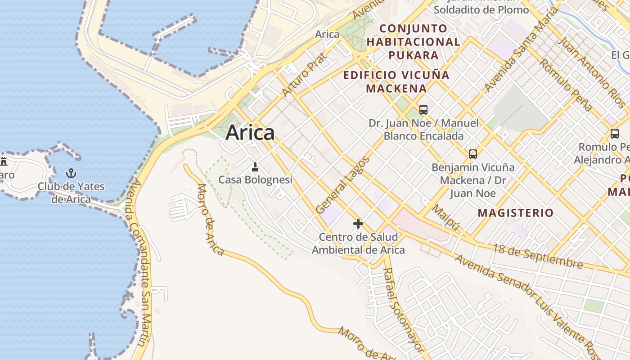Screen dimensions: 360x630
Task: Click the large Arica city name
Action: [250, 133]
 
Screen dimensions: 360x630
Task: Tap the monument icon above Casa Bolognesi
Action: [255, 167]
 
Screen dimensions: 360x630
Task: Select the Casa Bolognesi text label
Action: [255, 180]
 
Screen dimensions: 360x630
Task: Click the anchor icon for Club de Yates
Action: [71, 173]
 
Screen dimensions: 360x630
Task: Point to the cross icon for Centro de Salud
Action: [358, 224]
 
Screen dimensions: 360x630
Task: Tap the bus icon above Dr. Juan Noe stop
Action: [423, 109]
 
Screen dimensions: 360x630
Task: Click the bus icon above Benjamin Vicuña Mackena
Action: [473, 154]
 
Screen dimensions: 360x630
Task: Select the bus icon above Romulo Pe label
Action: [614, 134]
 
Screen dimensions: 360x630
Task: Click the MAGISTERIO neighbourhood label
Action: [515, 213]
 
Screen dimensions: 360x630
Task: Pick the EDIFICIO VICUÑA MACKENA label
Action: [396, 81]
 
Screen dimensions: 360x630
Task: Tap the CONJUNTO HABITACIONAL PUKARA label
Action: [413, 42]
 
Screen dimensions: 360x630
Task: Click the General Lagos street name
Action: [342, 185]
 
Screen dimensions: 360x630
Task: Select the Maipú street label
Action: [445, 217]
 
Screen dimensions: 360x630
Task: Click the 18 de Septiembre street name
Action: [538, 256]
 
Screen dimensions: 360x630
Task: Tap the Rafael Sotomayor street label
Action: [403, 310]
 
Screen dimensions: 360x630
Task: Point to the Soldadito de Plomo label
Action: [481, 9]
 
